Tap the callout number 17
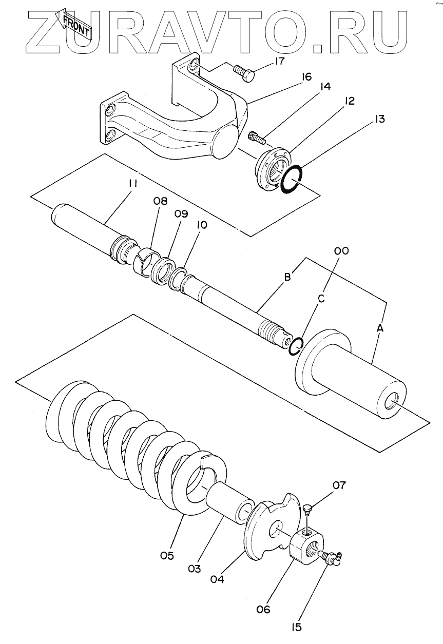(279, 62)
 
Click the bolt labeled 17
(245, 73)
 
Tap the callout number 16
(306, 77)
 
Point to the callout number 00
(341, 250)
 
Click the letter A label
(380, 327)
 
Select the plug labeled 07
(308, 508)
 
